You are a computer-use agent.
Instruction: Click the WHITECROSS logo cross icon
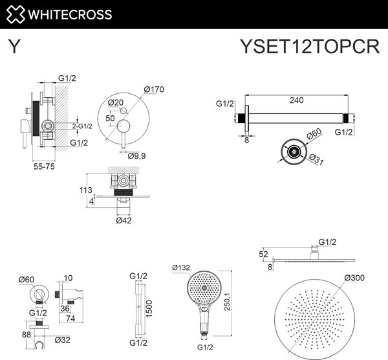(15, 14)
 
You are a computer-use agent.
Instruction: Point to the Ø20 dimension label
(116, 102)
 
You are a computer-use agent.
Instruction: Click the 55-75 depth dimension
(42, 166)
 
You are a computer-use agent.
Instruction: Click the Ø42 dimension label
(124, 221)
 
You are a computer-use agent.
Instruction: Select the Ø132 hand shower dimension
(183, 267)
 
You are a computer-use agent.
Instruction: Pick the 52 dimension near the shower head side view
(263, 254)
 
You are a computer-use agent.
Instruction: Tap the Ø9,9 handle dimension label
(136, 155)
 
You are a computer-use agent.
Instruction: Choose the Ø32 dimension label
(63, 339)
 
